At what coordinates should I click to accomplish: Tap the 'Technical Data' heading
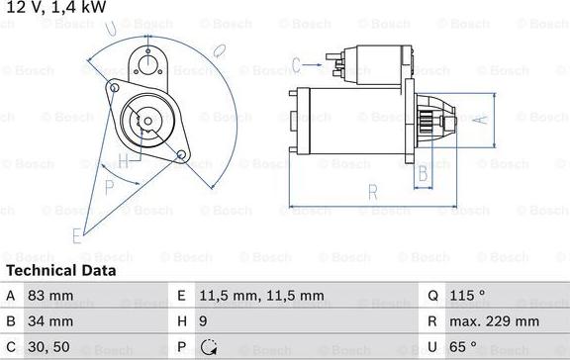60,270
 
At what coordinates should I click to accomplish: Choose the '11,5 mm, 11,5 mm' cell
261,295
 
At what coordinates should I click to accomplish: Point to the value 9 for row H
203,321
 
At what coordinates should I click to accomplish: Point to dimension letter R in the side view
371,192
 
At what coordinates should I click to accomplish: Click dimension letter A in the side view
481,121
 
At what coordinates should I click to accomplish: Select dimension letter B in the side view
422,174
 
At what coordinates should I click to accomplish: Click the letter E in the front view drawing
76,235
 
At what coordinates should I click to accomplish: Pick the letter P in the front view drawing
110,186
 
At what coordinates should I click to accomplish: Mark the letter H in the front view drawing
122,160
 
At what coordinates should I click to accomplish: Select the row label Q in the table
432,295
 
